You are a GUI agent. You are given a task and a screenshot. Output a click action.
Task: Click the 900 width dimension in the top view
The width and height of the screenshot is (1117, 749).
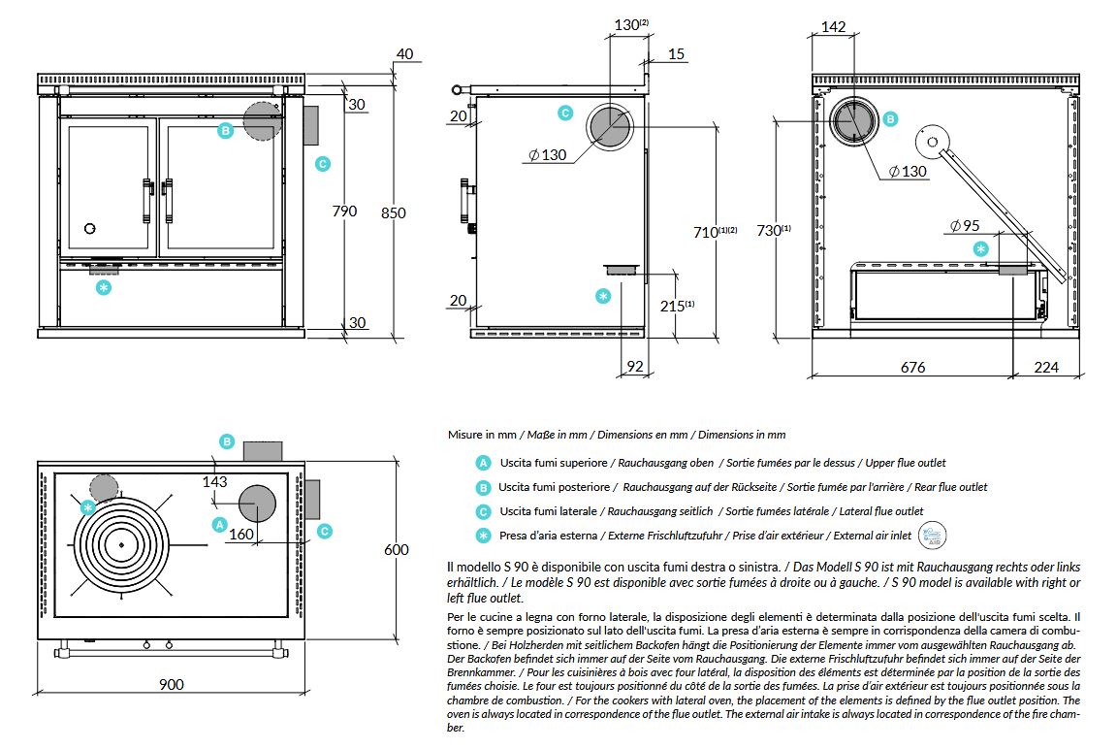coord(171,684)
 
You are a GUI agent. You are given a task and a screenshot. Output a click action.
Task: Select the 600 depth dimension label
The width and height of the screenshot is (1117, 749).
coord(396,549)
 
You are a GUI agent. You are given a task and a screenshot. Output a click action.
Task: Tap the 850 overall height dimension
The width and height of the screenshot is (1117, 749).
coord(394,212)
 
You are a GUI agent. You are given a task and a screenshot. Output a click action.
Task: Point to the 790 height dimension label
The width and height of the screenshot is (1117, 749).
coord(345,211)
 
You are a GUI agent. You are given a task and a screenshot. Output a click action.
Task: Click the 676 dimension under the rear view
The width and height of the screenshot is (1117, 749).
coord(912,367)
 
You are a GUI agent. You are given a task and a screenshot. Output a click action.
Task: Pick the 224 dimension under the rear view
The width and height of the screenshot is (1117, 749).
coord(1046,367)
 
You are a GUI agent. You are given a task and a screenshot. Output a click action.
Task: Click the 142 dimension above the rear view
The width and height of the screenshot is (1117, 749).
coord(834,26)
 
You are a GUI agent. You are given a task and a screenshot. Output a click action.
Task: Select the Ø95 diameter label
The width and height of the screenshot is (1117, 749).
coord(966,226)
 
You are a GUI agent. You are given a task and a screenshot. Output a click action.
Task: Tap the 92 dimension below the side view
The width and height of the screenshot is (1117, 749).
coord(635,367)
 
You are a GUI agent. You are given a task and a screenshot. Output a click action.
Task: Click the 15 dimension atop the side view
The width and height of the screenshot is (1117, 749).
coord(676,53)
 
